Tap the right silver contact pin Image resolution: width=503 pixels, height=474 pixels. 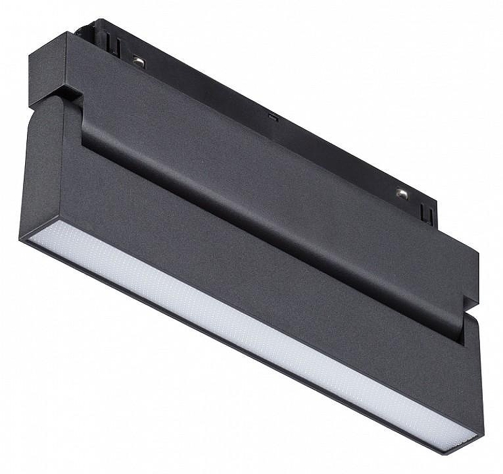[401, 193]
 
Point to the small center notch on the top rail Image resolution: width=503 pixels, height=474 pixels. [272, 116]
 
